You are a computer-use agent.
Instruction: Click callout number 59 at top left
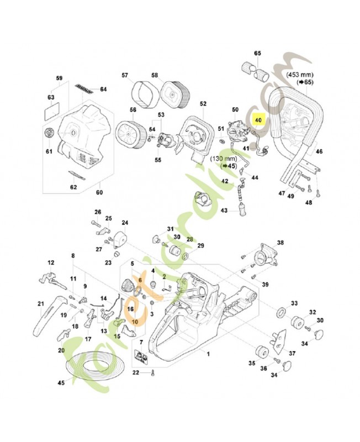pyautogui.click(x=60, y=78)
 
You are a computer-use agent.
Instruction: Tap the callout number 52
pyautogui.click(x=203, y=103)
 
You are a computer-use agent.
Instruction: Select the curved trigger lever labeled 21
pyautogui.click(x=49, y=317)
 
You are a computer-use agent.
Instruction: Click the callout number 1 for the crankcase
pyautogui.click(x=208, y=352)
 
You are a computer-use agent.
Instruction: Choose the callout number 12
pyautogui.click(x=51, y=263)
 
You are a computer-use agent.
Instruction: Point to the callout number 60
pyautogui.click(x=100, y=193)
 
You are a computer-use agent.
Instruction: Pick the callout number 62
pyautogui.click(x=74, y=187)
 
